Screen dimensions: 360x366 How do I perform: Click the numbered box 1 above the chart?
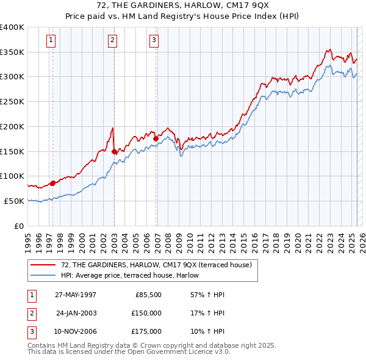tap(50, 41)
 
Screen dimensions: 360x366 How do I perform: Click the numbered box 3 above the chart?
tap(154, 41)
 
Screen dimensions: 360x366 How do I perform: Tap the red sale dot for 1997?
tap(52, 182)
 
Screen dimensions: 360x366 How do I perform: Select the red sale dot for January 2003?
tap(114, 151)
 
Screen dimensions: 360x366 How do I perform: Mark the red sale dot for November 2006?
tap(156, 139)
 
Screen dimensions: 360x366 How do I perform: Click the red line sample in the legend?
tap(43, 264)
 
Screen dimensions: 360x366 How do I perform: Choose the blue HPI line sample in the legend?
tap(43, 275)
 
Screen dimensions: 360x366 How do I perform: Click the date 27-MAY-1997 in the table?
tap(76, 295)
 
